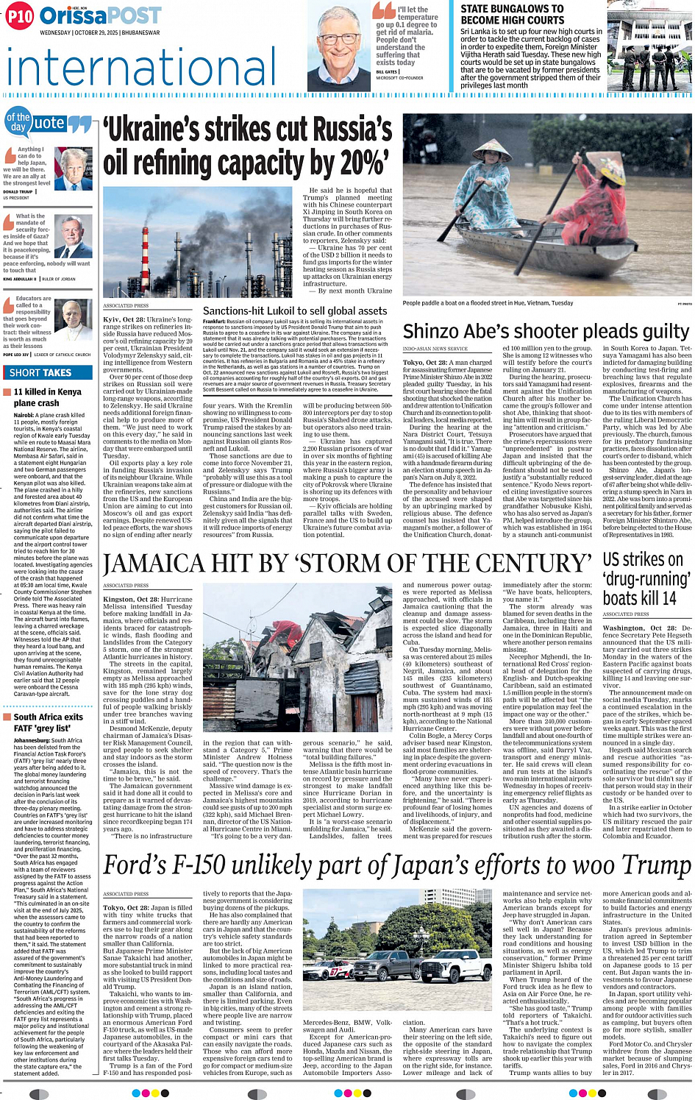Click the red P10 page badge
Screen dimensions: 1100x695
coord(20,16)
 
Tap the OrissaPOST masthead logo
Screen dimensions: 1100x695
coord(100,15)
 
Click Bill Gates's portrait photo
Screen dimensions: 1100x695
coord(338,46)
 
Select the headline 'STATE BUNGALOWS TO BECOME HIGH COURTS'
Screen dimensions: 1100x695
coord(512,15)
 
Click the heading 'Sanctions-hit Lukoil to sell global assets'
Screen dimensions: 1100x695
coord(294,311)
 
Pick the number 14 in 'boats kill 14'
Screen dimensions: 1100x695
coord(669,598)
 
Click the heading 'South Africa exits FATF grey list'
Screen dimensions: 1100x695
coord(48,723)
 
